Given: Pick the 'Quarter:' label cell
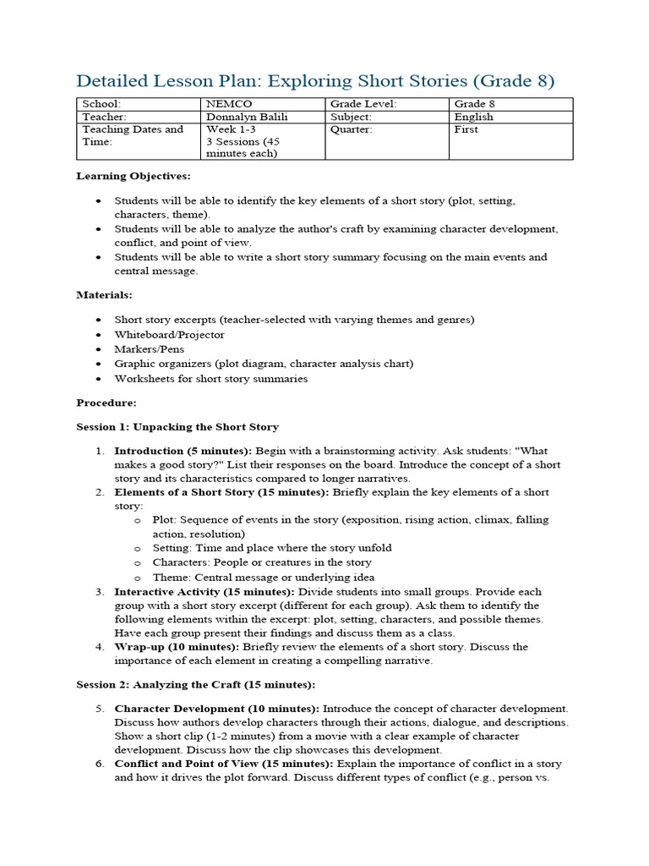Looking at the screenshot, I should pyautogui.click(x=351, y=129).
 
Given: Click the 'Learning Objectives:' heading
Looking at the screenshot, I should pyautogui.click(x=134, y=176).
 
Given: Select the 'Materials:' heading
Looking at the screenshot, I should pyautogui.click(x=105, y=295).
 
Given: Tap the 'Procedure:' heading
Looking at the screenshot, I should pyautogui.click(x=106, y=403).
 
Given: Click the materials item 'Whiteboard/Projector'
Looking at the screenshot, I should pyautogui.click(x=170, y=334).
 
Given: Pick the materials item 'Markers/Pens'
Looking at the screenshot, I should pyautogui.click(x=150, y=349).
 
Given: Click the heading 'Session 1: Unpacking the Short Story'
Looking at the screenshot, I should pyautogui.click(x=177, y=427).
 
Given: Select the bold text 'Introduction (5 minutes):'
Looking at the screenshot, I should pyautogui.click(x=183, y=451).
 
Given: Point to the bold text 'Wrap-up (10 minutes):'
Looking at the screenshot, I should pyautogui.click(x=177, y=647).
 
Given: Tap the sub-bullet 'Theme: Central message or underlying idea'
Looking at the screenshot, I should pyautogui.click(x=263, y=578).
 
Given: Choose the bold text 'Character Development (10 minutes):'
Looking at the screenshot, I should pyautogui.click(x=216, y=708).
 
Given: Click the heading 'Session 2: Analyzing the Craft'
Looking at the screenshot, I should pyautogui.click(x=196, y=684).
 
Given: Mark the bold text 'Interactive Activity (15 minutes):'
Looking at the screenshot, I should pyautogui.click(x=205, y=592).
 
